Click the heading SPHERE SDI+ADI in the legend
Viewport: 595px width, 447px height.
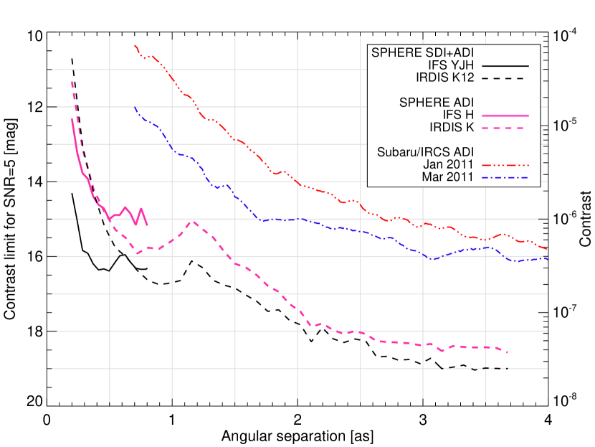pos(422,52)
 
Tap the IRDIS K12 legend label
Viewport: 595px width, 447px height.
pos(444,77)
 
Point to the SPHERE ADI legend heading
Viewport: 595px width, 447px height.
pos(437,103)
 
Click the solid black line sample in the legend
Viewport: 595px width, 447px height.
pos(505,65)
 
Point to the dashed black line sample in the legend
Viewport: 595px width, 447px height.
pos(505,77)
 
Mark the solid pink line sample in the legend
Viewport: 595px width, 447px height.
pos(505,116)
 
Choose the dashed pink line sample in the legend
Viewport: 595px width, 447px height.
pos(505,128)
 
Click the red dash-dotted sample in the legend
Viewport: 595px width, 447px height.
pos(505,165)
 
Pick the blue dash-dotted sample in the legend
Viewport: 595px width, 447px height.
pos(505,177)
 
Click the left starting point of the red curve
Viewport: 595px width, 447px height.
pos(135,45)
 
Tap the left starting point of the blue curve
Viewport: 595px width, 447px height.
pos(135,107)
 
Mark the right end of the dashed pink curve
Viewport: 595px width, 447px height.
pos(508,352)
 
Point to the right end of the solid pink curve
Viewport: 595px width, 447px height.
pos(147,225)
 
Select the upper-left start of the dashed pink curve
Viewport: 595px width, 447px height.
pos(72,82)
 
